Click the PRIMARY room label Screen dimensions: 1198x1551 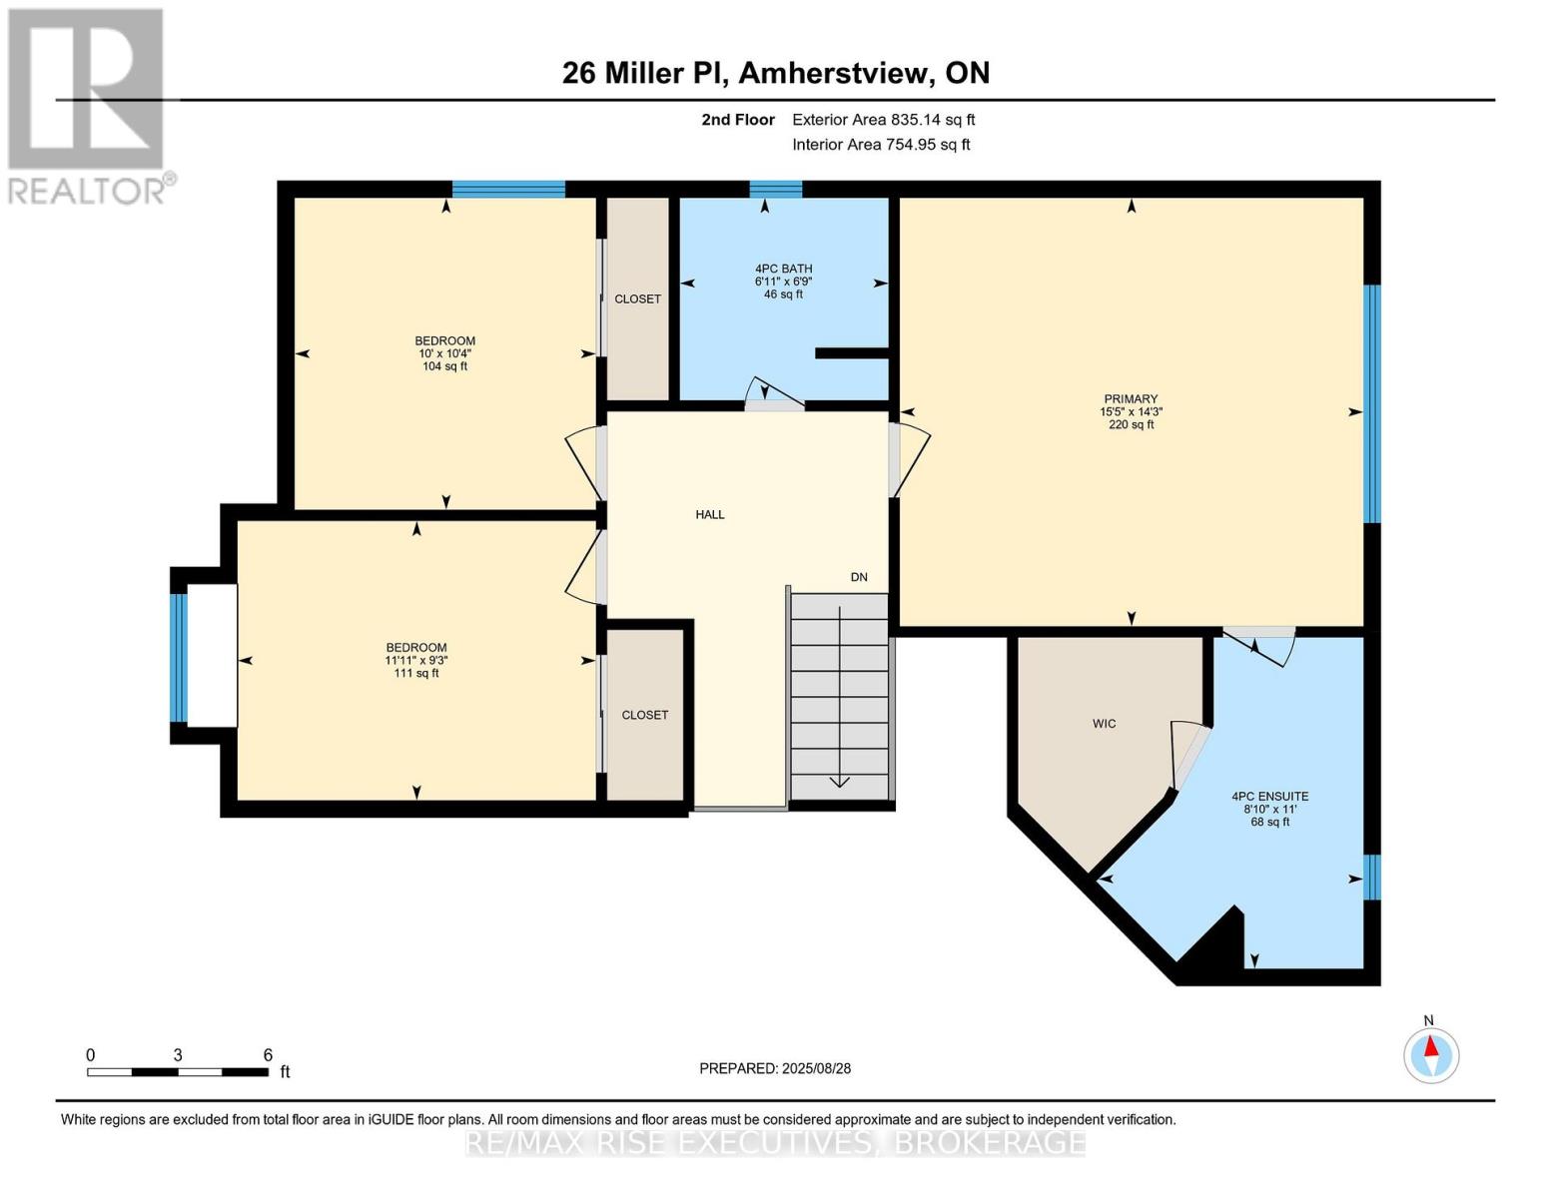click(x=1131, y=398)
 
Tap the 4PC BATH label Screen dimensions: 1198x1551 click(x=783, y=269)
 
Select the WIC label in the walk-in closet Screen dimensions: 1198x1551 click(x=1104, y=723)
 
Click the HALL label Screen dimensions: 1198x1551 click(x=710, y=514)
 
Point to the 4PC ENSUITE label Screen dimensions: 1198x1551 click(x=1269, y=797)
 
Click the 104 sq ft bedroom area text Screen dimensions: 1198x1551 click(x=444, y=366)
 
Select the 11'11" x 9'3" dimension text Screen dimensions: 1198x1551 click(x=416, y=660)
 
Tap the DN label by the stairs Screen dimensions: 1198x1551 click(x=859, y=577)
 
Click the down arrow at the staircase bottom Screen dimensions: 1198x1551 click(x=839, y=781)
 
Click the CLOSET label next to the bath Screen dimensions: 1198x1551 click(x=637, y=299)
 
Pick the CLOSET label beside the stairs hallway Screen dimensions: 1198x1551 click(x=644, y=715)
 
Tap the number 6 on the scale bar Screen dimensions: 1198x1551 click(x=268, y=1054)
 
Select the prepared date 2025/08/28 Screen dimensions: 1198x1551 click(x=816, y=1068)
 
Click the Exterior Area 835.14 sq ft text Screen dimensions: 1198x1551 click(x=883, y=120)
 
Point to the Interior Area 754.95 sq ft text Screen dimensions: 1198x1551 click(x=881, y=145)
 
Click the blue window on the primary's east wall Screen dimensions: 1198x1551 click(x=1372, y=403)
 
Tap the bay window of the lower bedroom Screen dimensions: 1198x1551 click(x=179, y=657)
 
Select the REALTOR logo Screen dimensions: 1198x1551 click(x=88, y=105)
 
